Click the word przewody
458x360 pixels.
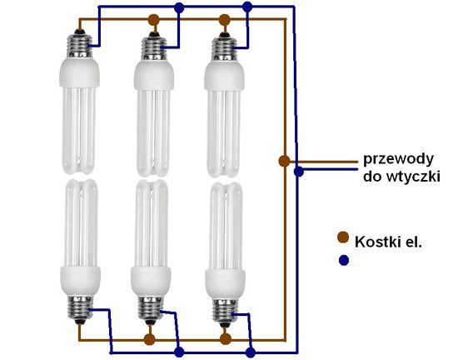tap(398, 160)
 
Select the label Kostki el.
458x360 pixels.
tap(388, 242)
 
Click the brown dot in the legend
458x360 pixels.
tap(343, 237)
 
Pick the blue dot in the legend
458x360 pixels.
tap(344, 260)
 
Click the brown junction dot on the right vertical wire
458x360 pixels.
tap(284, 161)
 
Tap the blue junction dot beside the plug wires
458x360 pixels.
tap(298, 172)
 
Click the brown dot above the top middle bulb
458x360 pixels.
tap(154, 20)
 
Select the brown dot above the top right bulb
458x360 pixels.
tap(224, 19)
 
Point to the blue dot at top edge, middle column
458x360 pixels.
tap(179, 7)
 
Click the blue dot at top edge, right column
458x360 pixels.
tap(247, 7)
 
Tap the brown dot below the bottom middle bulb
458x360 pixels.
tap(150, 339)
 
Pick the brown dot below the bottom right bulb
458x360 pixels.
tap(225, 339)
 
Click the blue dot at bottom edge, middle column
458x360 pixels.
tap(179, 352)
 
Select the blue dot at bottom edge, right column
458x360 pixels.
tap(251, 352)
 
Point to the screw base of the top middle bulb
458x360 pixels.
tap(154, 47)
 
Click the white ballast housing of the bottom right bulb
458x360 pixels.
tap(225, 282)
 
